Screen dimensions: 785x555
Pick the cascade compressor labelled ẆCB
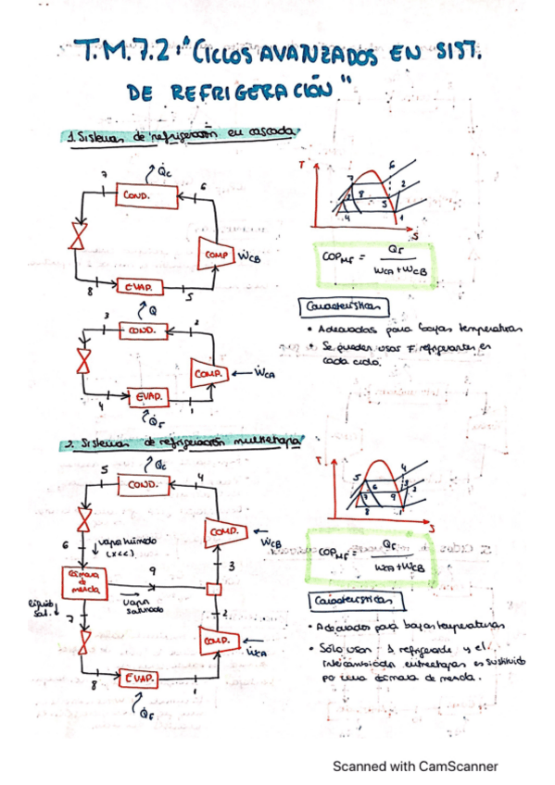[x=218, y=252]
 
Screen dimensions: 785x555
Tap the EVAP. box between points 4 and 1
[x=145, y=395]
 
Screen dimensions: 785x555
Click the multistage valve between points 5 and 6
[x=84, y=517]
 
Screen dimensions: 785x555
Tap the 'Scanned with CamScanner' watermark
[x=415, y=766]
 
